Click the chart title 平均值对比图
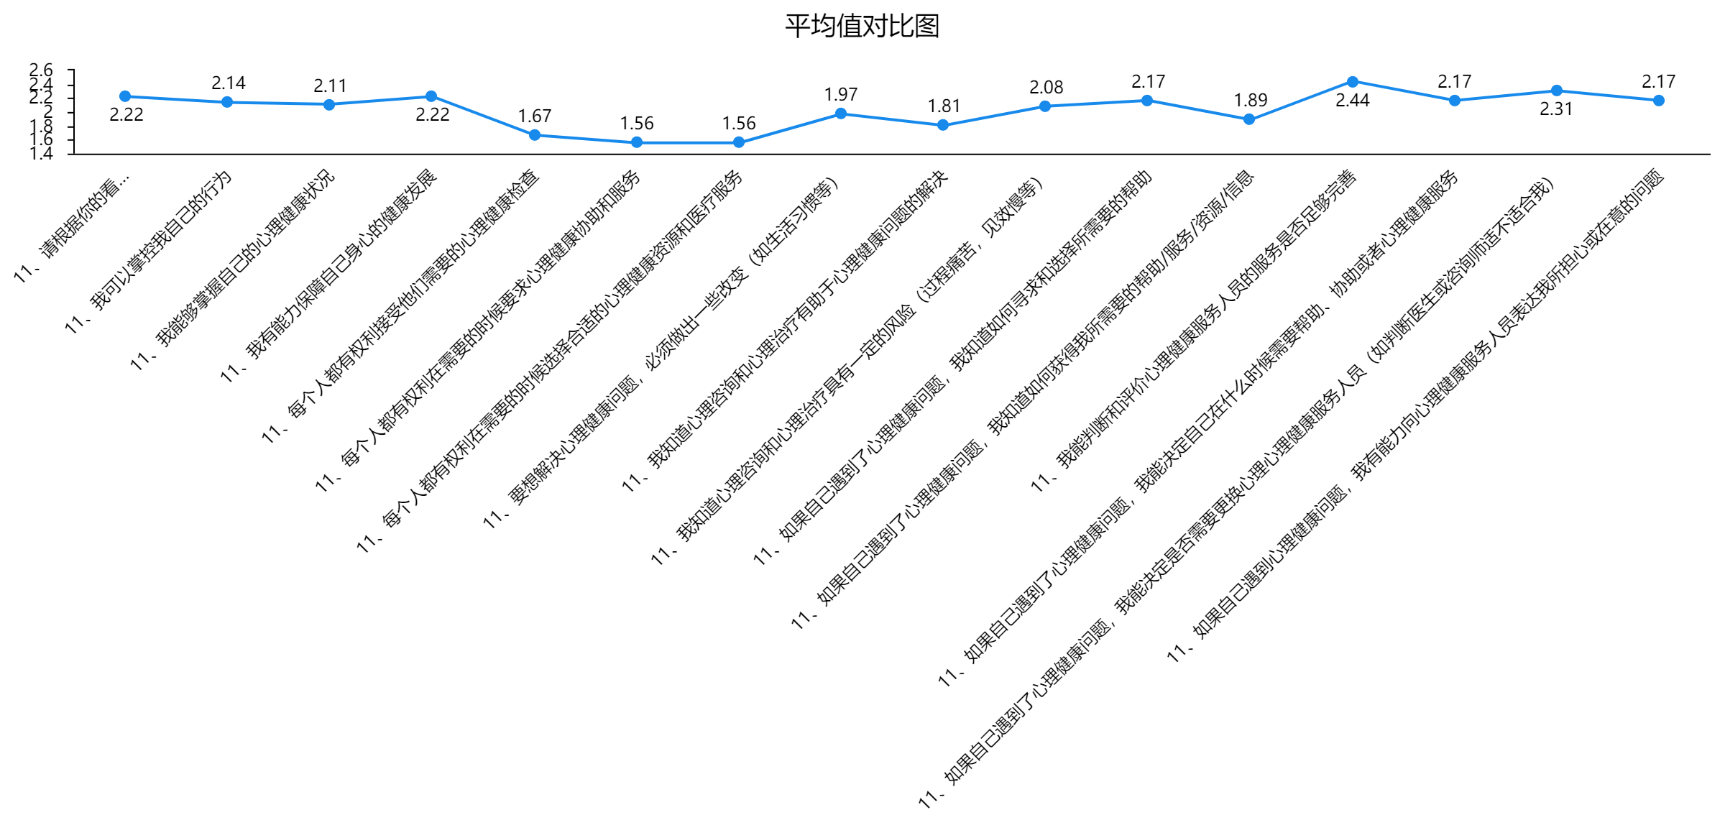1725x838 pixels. pyautogui.click(x=862, y=26)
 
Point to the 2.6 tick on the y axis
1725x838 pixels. pyautogui.click(x=41, y=70)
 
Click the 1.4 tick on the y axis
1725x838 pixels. pyautogui.click(x=41, y=154)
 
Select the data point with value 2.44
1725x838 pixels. pyautogui.click(x=1353, y=82)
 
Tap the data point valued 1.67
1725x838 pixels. pyautogui.click(x=535, y=135)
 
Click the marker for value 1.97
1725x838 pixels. pyautogui.click(x=841, y=114)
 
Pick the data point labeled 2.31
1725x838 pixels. pyautogui.click(x=1557, y=91)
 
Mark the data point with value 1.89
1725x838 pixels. pyautogui.click(x=1249, y=119)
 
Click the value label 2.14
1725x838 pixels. pyautogui.click(x=229, y=83)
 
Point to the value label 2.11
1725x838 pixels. pyautogui.click(x=331, y=86)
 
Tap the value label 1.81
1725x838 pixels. pyautogui.click(x=944, y=106)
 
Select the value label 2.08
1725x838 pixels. pyautogui.click(x=1046, y=88)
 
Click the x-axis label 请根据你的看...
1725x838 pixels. pyautogui.click(x=72, y=227)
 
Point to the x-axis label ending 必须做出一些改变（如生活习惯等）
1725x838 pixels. pyautogui.click(x=661, y=352)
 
